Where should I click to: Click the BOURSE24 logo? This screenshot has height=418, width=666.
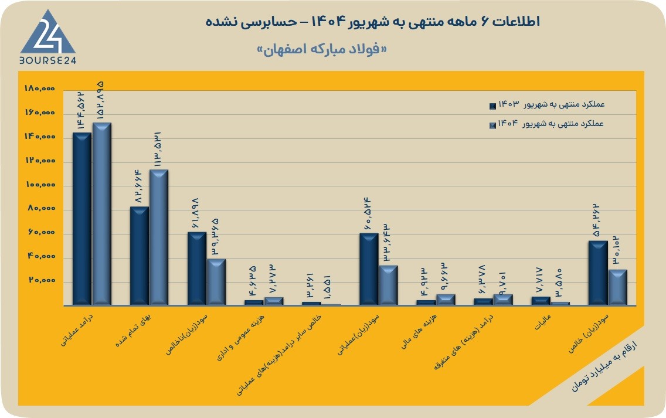(x=47, y=38)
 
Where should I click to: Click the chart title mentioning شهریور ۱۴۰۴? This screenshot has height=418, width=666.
(x=373, y=22)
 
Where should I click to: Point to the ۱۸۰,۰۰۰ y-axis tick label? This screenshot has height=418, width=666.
(x=40, y=89)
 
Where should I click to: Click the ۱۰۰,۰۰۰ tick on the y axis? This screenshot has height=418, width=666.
(x=40, y=185)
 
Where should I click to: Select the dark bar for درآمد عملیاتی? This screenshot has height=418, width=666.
(x=81, y=219)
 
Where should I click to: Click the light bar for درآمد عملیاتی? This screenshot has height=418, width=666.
(x=101, y=214)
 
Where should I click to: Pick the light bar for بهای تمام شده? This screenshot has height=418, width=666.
(x=158, y=237)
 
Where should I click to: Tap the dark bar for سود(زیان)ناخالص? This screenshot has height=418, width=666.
(x=196, y=269)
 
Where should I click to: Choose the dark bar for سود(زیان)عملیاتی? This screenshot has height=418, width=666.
(x=369, y=269)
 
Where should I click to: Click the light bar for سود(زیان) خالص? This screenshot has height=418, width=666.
(x=618, y=287)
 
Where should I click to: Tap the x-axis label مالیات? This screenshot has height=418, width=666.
(x=543, y=322)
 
